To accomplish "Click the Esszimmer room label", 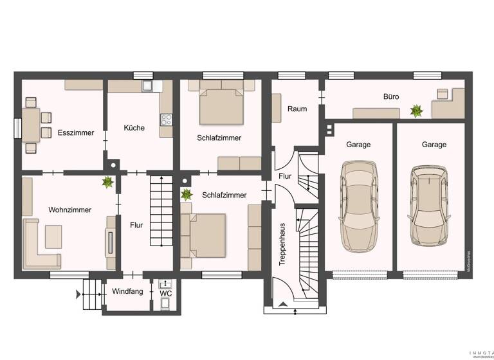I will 76,133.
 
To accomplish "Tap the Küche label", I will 134,128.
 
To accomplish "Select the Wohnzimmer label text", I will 69,210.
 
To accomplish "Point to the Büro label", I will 391,97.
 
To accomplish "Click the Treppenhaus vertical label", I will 282,244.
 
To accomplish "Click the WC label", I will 165,294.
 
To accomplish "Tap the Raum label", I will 297,109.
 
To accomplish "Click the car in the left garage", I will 358,206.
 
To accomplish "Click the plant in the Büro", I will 416,111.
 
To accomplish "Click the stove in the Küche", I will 166,119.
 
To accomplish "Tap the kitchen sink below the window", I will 147,85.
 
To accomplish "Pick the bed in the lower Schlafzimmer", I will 205,235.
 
